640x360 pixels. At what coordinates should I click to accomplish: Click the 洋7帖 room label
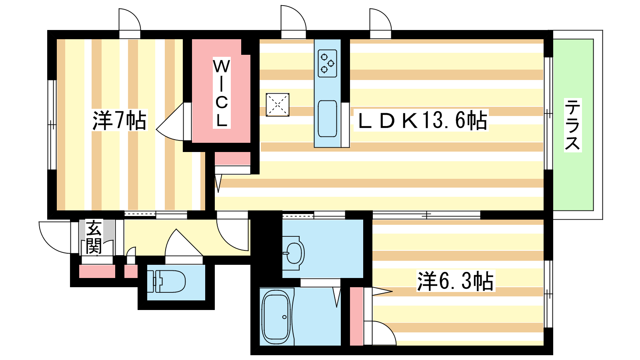coord(119,120)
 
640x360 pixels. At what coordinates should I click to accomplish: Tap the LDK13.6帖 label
coord(422,120)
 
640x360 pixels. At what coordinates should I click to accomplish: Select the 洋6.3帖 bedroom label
coord(456,281)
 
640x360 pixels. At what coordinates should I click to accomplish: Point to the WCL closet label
coord(222,93)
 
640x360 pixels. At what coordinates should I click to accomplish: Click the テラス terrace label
coord(572,125)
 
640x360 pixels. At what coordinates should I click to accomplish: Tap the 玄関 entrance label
coord(94,237)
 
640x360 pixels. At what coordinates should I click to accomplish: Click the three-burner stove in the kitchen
coord(328,64)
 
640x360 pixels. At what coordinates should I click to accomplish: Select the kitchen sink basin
coord(328,118)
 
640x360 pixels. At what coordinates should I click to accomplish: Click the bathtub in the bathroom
coord(276,317)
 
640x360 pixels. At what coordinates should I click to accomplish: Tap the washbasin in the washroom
coord(294,253)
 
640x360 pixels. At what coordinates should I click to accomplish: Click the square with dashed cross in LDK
coord(278,105)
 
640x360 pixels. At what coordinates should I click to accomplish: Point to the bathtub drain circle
coord(284,317)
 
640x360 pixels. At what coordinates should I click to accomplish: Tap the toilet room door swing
coord(172,240)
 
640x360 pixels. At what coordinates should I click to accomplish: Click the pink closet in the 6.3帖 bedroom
coord(356,316)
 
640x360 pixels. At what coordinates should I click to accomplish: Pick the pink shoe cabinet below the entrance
coord(97,272)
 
